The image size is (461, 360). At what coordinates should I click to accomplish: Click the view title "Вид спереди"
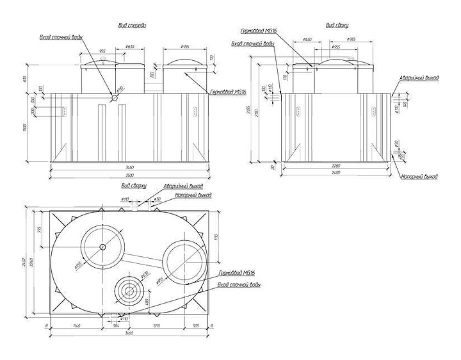click(x=132, y=26)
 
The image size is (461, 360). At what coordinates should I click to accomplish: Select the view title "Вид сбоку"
click(x=337, y=26)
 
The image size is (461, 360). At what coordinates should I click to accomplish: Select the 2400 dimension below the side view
click(x=336, y=174)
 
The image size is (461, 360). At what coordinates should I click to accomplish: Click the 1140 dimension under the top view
click(x=81, y=327)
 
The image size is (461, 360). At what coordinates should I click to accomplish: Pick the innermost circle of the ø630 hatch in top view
click(x=129, y=290)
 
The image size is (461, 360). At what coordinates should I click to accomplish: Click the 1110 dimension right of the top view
click(x=216, y=236)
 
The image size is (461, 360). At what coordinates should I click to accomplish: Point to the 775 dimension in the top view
click(x=40, y=231)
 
